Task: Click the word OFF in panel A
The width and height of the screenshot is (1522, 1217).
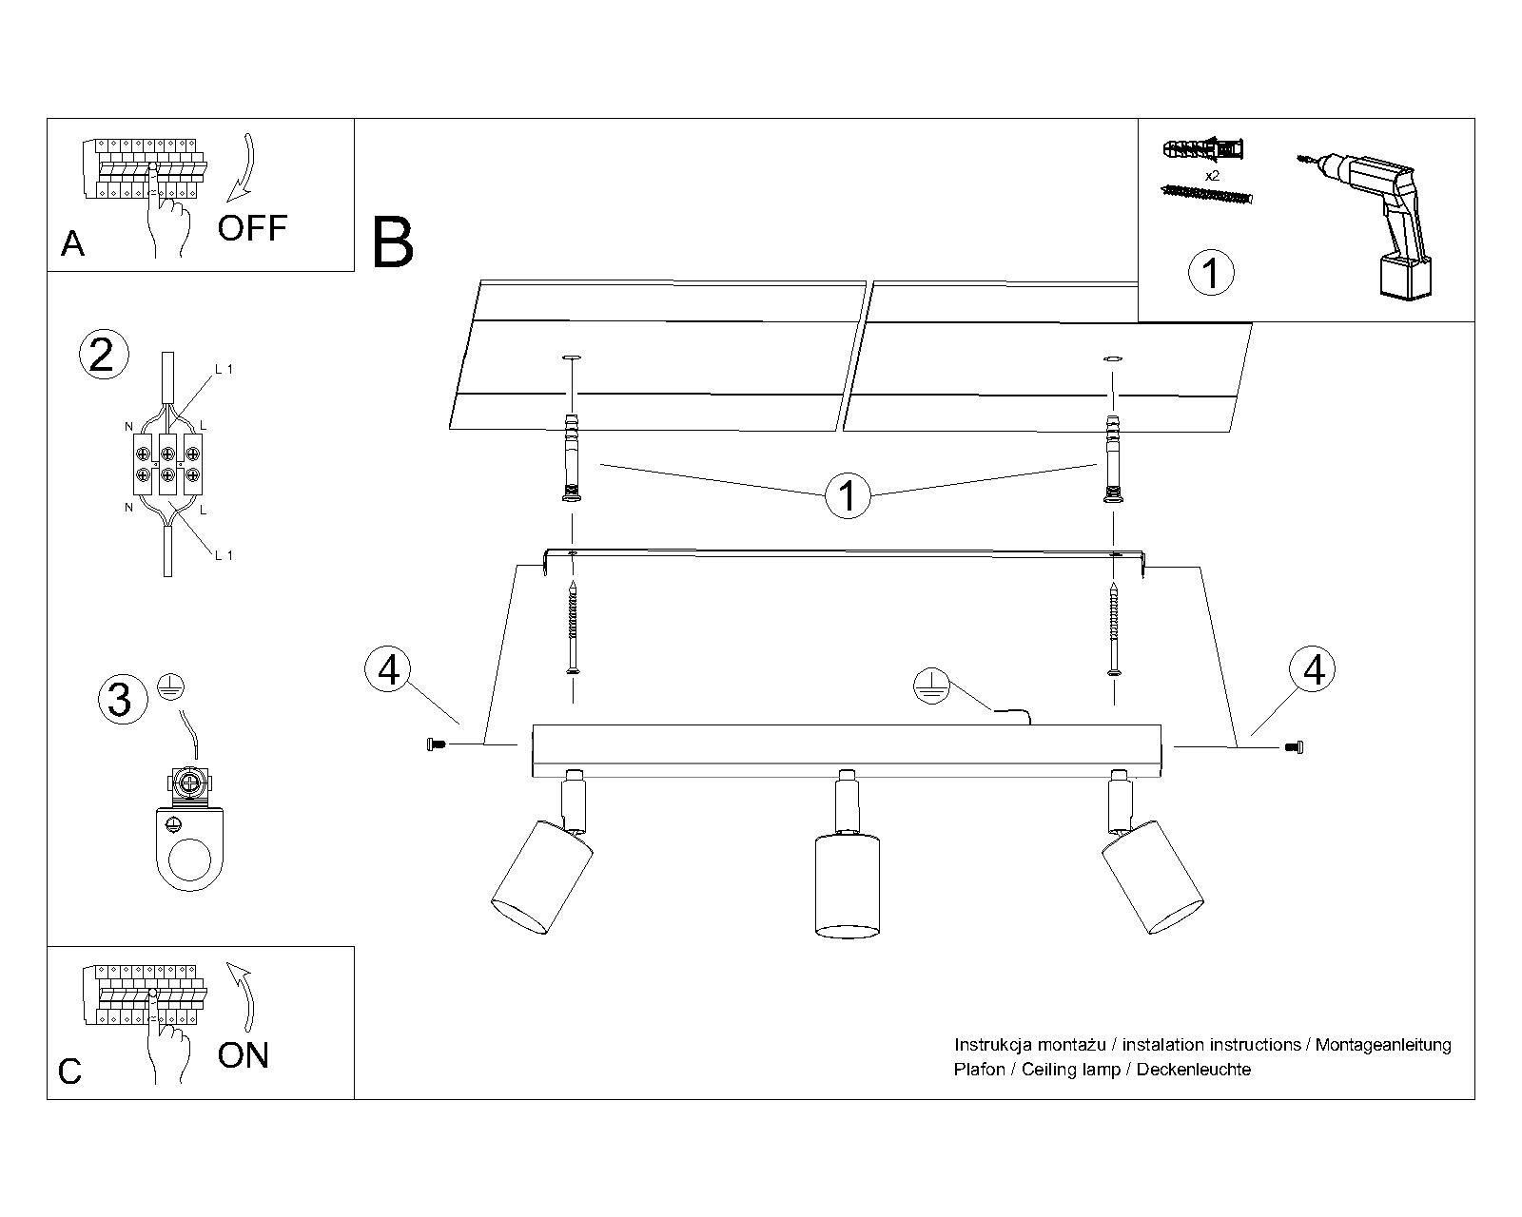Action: click(x=252, y=228)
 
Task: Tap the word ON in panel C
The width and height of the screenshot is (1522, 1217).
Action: click(x=244, y=1055)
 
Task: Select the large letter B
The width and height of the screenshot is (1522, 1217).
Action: click(x=393, y=242)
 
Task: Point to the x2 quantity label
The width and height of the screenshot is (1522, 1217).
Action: click(x=1212, y=176)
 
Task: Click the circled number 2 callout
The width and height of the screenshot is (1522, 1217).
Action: click(x=104, y=355)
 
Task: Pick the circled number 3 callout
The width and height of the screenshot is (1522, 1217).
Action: click(x=123, y=700)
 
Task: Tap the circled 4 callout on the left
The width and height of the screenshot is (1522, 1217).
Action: click(x=388, y=669)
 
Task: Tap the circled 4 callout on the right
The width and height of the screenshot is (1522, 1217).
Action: click(x=1313, y=668)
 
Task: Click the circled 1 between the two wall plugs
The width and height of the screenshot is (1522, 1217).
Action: click(x=848, y=495)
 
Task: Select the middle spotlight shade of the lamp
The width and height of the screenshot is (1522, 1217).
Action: click(x=848, y=886)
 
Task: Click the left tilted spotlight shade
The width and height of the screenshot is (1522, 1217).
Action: click(x=542, y=878)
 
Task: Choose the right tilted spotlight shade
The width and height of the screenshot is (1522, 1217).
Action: click(x=1153, y=877)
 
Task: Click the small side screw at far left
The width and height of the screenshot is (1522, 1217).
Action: click(x=437, y=744)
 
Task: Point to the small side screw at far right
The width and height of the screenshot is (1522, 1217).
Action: click(x=1295, y=746)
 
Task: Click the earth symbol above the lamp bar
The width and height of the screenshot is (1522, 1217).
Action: click(x=931, y=686)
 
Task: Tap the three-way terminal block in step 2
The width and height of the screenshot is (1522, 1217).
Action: click(x=167, y=464)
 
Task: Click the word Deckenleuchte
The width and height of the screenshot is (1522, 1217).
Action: click(x=1194, y=1070)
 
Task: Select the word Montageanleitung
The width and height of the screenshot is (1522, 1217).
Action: click(x=1383, y=1045)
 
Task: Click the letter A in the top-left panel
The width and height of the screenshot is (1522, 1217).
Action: click(x=73, y=244)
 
